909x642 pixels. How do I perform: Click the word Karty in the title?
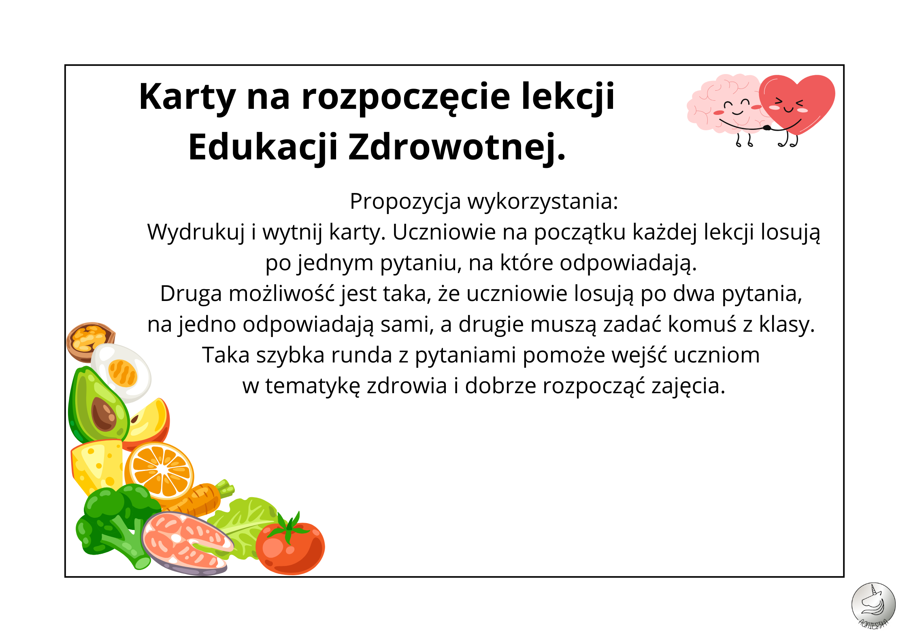coord(187,97)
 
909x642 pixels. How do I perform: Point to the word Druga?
coord(191,295)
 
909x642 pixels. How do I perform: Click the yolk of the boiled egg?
coord(123,373)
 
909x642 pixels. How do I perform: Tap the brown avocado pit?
coord(104,414)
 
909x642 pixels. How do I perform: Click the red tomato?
coord(290,546)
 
